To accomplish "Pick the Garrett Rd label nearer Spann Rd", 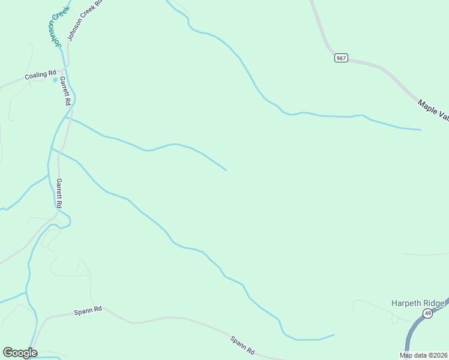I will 59,193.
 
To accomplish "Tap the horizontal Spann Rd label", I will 88,311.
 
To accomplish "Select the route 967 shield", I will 341,58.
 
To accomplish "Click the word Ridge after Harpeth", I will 438,303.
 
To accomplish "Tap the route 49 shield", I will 427,313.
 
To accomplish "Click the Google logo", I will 20,352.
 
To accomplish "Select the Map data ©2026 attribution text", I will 423,355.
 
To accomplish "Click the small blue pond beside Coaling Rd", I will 55,79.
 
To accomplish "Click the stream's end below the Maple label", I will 420,129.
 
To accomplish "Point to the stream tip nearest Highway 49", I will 334,335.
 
